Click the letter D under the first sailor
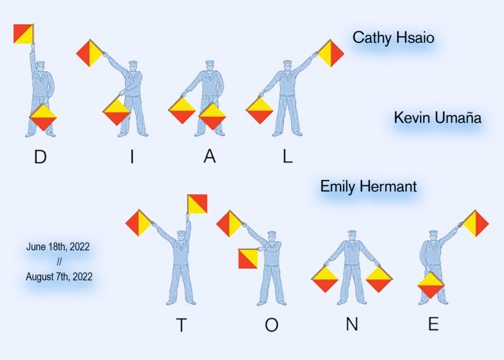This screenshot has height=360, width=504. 40,157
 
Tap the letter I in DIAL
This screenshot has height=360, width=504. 132,157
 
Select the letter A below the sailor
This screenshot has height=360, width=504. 209,157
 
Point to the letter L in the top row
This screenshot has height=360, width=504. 287,157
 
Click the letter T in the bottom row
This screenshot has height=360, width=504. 181,325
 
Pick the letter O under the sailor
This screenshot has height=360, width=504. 272,325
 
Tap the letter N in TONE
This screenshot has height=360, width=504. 352,325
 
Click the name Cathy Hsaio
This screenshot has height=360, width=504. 393,38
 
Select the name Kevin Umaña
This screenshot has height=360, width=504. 437,118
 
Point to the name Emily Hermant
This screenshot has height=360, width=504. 368,186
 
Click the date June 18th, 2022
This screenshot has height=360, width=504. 58,246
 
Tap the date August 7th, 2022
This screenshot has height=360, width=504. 59,276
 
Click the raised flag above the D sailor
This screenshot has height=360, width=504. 24,34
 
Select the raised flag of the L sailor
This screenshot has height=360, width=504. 330,53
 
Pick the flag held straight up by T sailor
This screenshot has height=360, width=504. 197,204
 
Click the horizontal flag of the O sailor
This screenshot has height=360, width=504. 248,258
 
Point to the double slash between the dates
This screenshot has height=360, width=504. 59,261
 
